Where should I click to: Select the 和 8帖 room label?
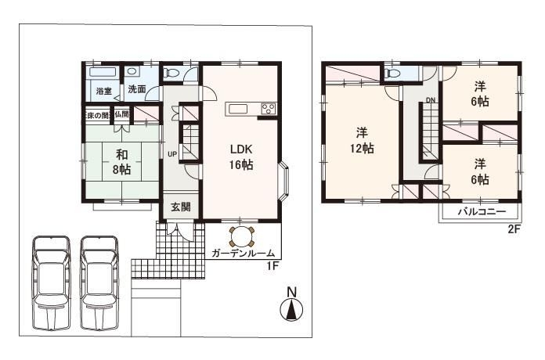(x=121, y=162)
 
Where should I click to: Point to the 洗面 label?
(x=137, y=90)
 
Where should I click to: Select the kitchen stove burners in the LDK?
(x=267, y=108)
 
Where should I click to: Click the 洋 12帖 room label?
(x=361, y=139)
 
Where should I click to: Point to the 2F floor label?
(x=513, y=229)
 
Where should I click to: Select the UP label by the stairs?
(x=171, y=153)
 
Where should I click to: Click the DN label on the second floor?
(x=430, y=100)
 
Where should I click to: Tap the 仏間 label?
(x=122, y=115)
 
